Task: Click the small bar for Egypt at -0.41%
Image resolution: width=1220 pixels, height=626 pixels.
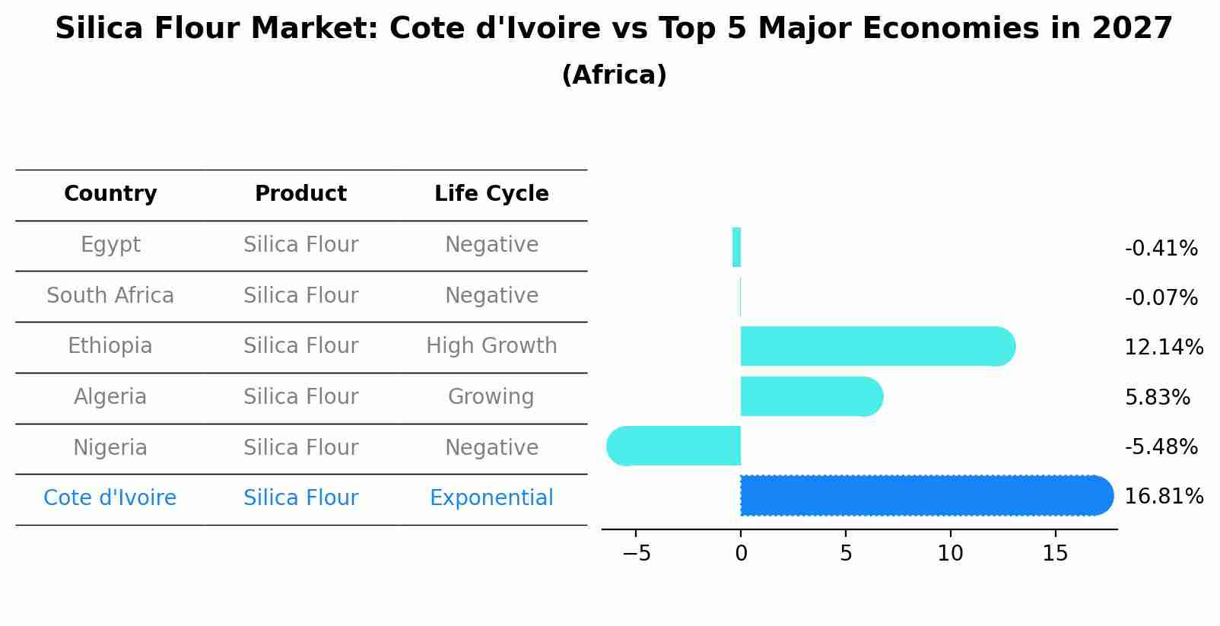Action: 736,247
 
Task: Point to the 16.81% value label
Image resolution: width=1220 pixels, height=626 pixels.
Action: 1163,497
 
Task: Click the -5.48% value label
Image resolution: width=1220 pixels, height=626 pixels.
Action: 1161,447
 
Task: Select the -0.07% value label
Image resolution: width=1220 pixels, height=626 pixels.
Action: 1161,298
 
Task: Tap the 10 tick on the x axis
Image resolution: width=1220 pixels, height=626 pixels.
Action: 950,554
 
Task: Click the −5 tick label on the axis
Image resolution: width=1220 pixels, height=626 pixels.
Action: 637,554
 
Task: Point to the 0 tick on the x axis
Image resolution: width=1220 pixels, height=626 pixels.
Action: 741,554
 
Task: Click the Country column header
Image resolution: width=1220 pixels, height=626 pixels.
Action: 110,194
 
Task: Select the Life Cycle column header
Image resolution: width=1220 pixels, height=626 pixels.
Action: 491,194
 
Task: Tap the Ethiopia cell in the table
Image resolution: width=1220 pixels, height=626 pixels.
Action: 110,346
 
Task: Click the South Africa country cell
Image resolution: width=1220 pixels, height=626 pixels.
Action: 110,296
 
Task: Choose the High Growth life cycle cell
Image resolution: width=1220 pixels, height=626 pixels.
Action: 491,346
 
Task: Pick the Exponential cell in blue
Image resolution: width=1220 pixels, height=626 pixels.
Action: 491,498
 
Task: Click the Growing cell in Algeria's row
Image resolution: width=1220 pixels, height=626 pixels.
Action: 491,397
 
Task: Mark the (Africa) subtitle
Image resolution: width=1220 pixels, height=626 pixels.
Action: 614,75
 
